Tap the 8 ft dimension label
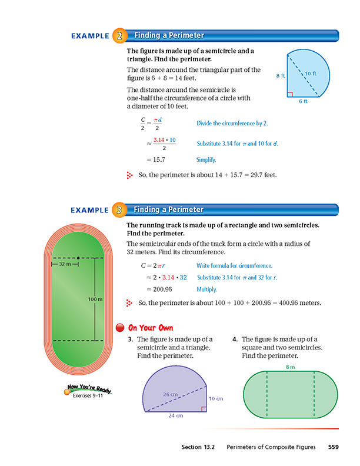[x=280, y=76]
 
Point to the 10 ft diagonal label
[x=311, y=74]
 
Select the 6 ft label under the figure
[x=303, y=101]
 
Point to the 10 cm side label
[x=216, y=398]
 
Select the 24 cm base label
[x=176, y=415]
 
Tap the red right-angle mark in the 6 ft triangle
[x=289, y=94]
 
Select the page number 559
[x=333, y=448]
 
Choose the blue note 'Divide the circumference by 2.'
[x=232, y=124]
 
